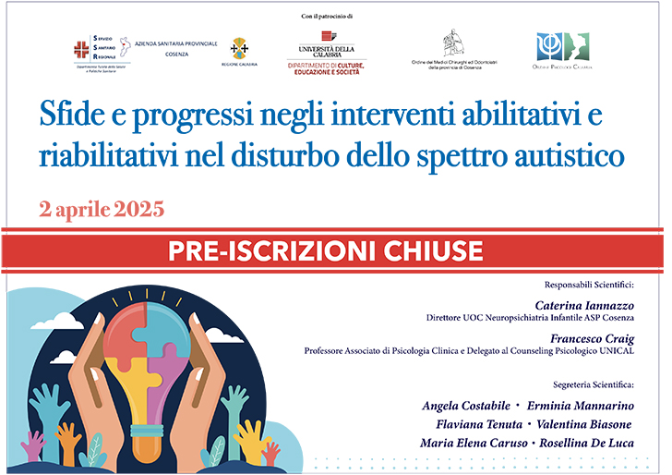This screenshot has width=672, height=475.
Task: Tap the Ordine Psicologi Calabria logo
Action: point(562,51)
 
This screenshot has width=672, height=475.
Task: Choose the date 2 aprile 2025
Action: point(102,208)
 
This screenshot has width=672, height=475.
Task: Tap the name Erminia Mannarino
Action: point(582,407)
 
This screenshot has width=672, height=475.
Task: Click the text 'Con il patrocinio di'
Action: point(328,17)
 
